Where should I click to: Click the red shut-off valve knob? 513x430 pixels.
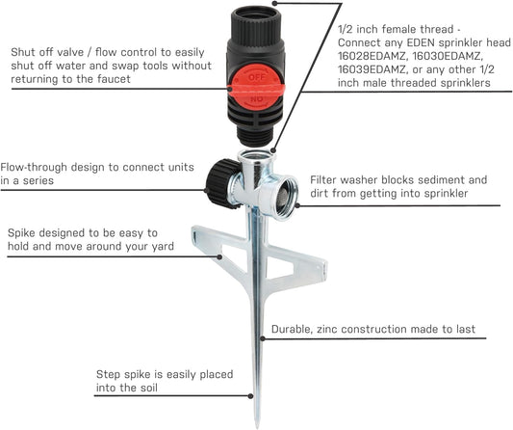pos(256,88)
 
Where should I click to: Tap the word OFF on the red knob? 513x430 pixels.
pos(257,77)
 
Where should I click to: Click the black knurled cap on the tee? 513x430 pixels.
pos(222,183)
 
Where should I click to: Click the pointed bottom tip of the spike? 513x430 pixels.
pos(258,426)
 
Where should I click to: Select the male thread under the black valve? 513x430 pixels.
pos(256,135)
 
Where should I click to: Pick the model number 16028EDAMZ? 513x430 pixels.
pos(372,56)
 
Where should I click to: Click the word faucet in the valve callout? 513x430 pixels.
pos(114,79)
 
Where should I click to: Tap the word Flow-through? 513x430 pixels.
pos(33,167)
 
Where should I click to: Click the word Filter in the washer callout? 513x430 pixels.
pos(323,180)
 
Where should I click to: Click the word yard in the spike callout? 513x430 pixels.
pos(163,247)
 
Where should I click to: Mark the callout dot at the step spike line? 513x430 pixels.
pos(250,396)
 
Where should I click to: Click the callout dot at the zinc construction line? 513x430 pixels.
pos(263,338)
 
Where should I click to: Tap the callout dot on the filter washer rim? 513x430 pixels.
pos(297,205)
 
